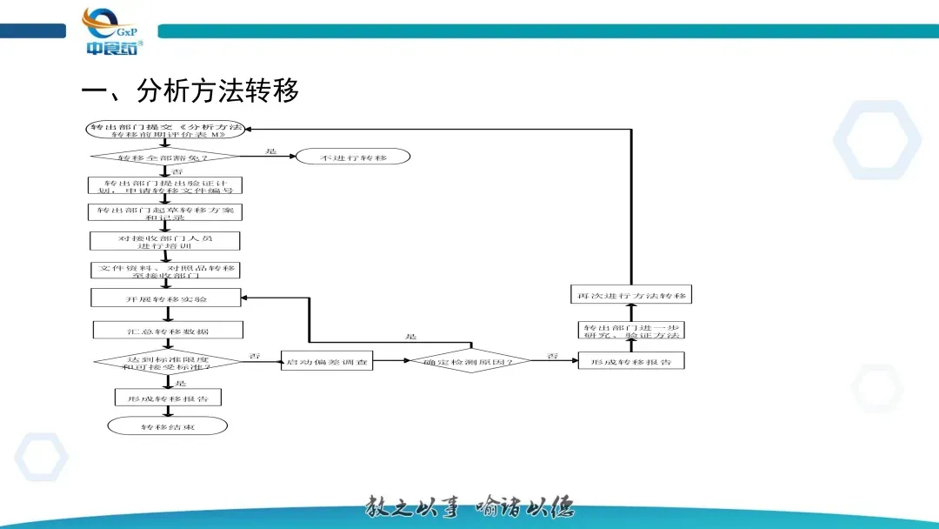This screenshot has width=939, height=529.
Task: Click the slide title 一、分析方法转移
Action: pos(190,90)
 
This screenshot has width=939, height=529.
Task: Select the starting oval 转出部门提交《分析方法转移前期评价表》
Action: pos(166,130)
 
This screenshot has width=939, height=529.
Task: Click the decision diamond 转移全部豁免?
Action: pos(164,157)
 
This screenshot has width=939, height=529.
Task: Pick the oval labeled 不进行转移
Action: pos(352,157)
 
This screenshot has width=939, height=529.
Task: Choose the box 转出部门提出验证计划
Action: pos(165,185)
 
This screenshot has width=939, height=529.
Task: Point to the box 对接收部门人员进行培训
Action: pos(165,241)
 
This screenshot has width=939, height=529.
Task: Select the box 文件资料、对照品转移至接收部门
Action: pos(165,270)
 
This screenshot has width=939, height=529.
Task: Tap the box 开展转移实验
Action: pos(165,298)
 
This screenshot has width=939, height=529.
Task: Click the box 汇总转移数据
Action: pos(168,331)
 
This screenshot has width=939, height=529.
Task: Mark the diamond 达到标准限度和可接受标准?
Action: pos(168,360)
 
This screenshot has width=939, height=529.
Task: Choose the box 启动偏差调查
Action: pos(326,360)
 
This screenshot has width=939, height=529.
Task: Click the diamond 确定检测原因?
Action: pos(470,360)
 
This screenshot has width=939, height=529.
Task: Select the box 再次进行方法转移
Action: pos(631,295)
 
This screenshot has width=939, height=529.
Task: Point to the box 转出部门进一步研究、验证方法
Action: pos(631,330)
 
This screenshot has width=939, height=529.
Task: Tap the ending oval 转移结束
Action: pos(168,426)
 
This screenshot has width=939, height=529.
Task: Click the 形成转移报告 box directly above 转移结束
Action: pos(168,397)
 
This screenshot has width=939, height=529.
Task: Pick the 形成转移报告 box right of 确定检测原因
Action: pos(631,360)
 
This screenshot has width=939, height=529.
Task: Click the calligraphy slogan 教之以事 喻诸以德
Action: pos(469,506)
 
